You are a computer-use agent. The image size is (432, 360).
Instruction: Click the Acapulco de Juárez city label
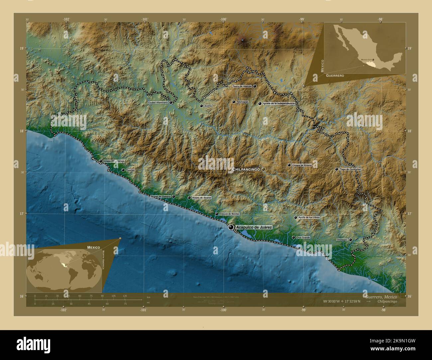point(254,227)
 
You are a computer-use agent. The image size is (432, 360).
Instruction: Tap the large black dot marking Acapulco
point(231,227)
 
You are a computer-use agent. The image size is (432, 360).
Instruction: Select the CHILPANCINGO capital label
point(246,169)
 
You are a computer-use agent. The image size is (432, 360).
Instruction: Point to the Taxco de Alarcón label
point(242,86)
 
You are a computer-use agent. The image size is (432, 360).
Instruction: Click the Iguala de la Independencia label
point(278,104)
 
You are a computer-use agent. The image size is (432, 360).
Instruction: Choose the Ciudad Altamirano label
point(158,103)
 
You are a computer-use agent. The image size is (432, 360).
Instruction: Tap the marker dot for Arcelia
point(201,106)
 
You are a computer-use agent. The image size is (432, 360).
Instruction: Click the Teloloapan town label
point(242,102)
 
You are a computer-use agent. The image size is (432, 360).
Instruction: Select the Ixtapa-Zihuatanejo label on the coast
point(114,161)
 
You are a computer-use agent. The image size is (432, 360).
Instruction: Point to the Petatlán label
point(130,170)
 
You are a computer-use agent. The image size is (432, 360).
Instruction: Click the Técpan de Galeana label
point(161,197)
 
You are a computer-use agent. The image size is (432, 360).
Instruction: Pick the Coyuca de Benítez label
point(229,214)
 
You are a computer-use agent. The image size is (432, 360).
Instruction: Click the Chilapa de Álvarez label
point(302,165)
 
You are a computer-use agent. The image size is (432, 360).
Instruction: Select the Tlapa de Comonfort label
point(350,169)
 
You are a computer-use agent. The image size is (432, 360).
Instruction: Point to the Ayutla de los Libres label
point(309,218)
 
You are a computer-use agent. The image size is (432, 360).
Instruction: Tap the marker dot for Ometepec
point(350,239)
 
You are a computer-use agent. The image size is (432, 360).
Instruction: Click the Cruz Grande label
point(303,237)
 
